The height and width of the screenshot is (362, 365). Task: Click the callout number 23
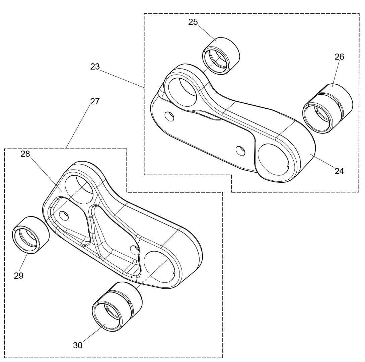pyautogui.click(x=95, y=67)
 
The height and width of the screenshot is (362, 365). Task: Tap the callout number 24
pyautogui.click(x=339, y=171)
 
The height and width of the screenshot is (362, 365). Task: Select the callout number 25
pyautogui.click(x=193, y=22)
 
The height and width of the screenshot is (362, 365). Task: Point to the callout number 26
pyautogui.click(x=339, y=57)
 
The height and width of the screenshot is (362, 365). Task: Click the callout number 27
pyautogui.click(x=95, y=101)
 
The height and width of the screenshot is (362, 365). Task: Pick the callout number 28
pyautogui.click(x=25, y=154)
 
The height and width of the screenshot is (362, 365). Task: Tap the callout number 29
pyautogui.click(x=19, y=276)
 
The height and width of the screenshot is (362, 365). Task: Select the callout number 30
pyautogui.click(x=78, y=345)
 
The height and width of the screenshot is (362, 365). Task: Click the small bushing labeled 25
pyautogui.click(x=221, y=56)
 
